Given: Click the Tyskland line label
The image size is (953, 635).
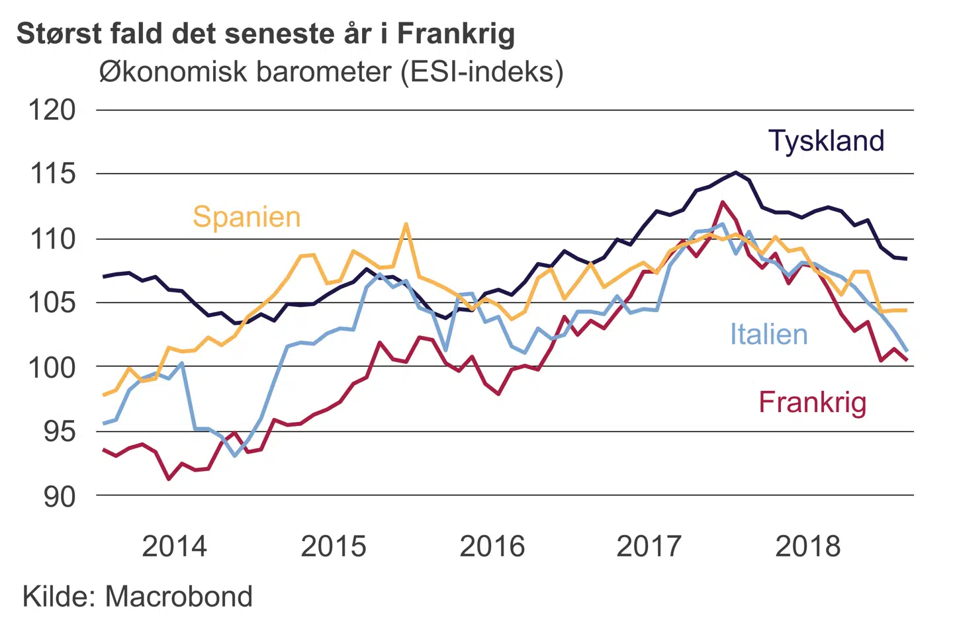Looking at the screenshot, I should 826,141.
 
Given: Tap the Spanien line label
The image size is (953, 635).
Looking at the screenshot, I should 246,217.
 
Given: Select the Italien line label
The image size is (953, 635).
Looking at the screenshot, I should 768,334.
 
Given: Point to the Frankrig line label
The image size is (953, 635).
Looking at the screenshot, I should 812,402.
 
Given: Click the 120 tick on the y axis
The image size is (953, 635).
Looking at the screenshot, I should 52,110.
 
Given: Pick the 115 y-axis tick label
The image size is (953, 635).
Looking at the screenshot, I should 52,174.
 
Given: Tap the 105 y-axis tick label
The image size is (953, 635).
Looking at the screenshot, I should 52,303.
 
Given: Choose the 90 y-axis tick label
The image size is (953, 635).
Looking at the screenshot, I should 59,496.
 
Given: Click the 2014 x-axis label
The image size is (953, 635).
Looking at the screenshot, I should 174,546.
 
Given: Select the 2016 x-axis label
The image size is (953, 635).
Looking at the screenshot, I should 492,546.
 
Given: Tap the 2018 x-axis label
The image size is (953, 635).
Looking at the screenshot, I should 807,546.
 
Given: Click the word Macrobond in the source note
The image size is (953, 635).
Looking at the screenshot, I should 179,597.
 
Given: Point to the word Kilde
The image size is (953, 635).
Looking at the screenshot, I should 61,597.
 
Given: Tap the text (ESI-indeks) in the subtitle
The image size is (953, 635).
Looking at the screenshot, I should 482,71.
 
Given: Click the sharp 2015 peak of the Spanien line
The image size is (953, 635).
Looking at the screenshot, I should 406,224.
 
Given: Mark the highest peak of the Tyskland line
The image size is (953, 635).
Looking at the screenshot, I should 736,173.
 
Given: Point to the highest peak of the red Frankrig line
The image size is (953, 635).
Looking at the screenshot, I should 723,202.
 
